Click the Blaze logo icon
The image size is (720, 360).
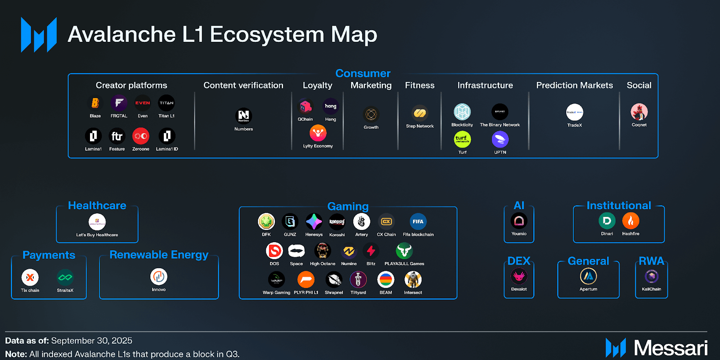click(95, 103)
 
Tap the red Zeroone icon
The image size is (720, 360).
click(141, 136)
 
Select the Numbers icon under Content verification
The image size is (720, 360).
click(243, 116)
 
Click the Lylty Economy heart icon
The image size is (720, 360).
click(318, 133)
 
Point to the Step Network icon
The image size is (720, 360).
click(419, 113)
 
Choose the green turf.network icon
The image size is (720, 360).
click(462, 139)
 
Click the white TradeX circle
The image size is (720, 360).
click(575, 112)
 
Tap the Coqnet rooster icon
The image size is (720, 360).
click(639, 112)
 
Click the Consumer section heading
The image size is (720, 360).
click(363, 73)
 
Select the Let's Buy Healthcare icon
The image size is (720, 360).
click(97, 222)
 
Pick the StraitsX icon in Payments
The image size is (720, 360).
click(65, 277)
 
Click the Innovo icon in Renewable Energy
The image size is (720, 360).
click(159, 277)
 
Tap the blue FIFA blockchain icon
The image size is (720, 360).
click(418, 221)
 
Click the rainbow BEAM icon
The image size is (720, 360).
click(386, 280)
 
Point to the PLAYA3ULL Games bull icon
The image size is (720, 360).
click(404, 251)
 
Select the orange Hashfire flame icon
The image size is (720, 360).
click(630, 221)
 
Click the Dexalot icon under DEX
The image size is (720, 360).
click(519, 276)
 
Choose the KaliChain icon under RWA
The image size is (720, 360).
click(652, 276)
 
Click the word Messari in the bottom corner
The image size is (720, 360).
click(670, 348)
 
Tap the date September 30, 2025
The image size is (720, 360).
click(92, 341)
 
